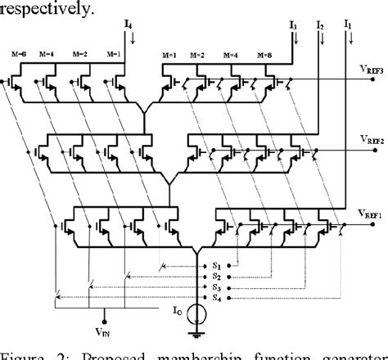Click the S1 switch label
(215, 265)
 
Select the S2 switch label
(215, 277)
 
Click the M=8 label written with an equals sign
(264, 56)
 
